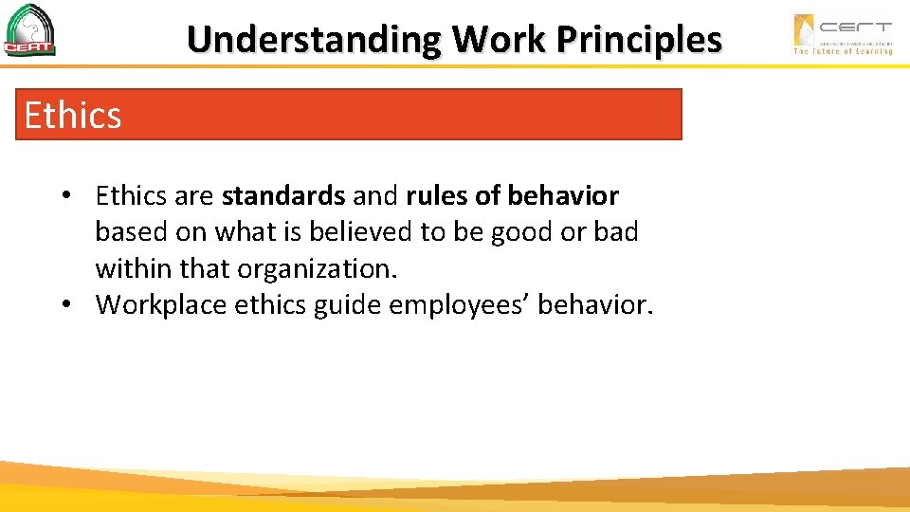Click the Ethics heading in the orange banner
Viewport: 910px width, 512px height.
pyautogui.click(x=73, y=116)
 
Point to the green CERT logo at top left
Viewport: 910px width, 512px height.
pyautogui.click(x=29, y=30)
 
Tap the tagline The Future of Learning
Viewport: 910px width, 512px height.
pyautogui.click(x=843, y=51)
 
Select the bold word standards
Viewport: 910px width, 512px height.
pyautogui.click(x=283, y=196)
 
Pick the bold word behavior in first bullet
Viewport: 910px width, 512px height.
pyautogui.click(x=563, y=196)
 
